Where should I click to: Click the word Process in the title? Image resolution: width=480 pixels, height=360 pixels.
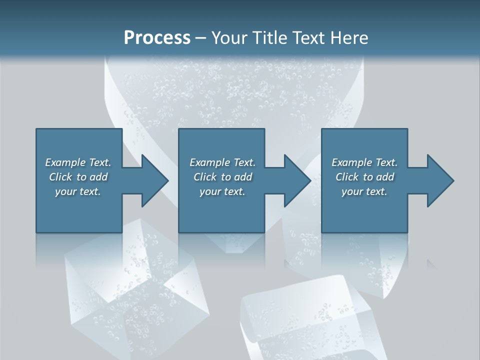[x=157, y=38]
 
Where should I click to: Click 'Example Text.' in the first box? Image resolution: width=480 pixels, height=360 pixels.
[x=78, y=162]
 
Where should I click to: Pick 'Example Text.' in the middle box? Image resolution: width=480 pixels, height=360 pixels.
[x=222, y=162]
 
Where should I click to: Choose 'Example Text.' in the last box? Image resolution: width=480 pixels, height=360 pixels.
[x=364, y=162]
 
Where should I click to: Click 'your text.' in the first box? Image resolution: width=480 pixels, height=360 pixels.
[x=78, y=191]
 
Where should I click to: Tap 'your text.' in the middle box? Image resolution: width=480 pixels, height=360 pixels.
[x=222, y=191]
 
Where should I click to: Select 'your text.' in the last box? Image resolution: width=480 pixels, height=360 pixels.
[x=364, y=191]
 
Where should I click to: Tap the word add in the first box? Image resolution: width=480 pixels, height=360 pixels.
[x=99, y=177]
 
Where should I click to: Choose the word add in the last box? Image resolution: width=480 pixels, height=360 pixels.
[x=385, y=177]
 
